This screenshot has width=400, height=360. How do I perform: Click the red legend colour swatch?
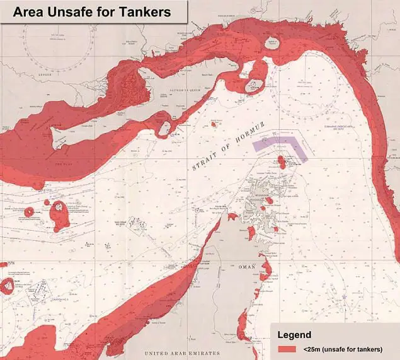coord(287,349)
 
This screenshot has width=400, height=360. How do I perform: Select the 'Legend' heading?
coord(298,334)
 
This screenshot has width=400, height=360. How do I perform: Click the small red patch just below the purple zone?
coord(282,163)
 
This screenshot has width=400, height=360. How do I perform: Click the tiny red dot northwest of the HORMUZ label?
coord(214,124)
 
